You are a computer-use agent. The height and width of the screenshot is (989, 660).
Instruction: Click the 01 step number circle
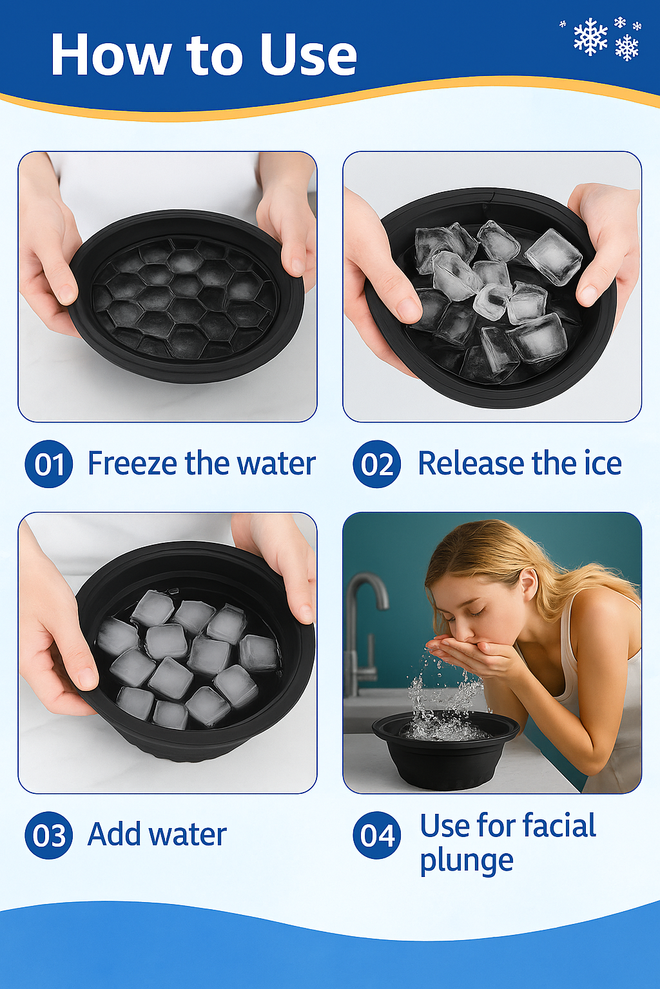coord(48,464)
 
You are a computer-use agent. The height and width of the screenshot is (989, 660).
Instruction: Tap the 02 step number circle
coord(376,464)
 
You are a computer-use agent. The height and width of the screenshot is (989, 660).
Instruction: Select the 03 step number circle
coord(48,835)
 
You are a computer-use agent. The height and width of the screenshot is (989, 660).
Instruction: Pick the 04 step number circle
coord(376,835)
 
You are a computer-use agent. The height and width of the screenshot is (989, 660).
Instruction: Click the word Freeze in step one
coord(133,464)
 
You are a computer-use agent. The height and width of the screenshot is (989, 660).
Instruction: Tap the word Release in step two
coord(471,464)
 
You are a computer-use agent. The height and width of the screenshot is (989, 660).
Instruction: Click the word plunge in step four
coord(467,862)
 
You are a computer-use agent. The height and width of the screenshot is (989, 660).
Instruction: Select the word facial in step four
coord(559,826)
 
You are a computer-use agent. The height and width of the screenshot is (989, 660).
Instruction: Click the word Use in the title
coord(307,55)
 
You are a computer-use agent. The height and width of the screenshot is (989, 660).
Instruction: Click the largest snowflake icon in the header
coord(590,37)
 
